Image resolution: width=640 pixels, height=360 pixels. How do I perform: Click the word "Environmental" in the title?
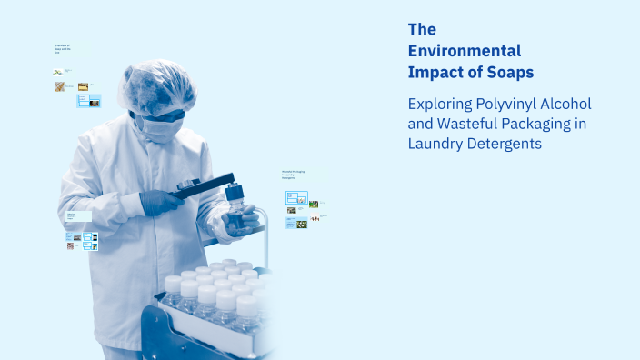coord(465,51)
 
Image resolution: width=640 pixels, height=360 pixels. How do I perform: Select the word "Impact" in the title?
coord(433,72)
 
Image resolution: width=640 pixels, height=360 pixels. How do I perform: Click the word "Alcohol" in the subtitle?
coord(569,105)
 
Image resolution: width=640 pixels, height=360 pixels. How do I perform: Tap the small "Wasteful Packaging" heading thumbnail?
coord(292,174)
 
